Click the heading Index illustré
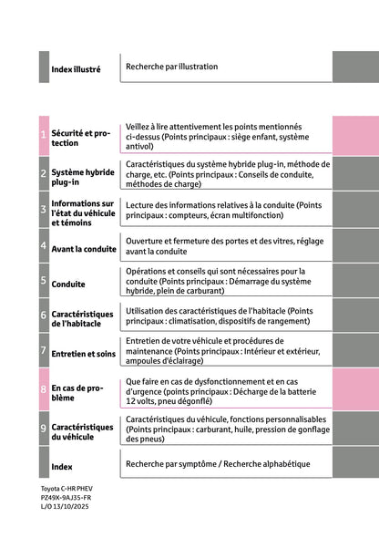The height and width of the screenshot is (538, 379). [76, 69]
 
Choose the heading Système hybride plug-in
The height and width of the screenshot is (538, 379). [82, 176]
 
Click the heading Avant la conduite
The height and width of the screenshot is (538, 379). [84, 248]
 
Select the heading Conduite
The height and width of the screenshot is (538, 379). [68, 285]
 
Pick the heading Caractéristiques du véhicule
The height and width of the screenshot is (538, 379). [82, 431]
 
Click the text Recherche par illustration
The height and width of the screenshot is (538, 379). [171, 67]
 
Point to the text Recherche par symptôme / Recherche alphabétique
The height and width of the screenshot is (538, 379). [217, 464]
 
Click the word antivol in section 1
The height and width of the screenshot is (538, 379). [139, 146]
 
